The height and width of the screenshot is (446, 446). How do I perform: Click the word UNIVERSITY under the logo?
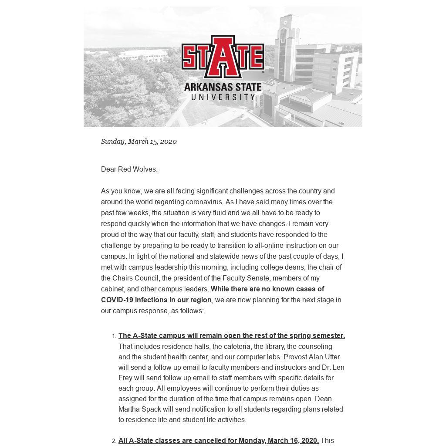(x=223, y=97)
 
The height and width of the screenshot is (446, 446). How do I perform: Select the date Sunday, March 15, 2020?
(x=139, y=141)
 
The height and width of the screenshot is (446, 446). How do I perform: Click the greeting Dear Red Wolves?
(x=129, y=169)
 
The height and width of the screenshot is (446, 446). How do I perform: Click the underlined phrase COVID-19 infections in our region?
(x=156, y=300)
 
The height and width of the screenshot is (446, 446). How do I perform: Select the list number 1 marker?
(x=114, y=336)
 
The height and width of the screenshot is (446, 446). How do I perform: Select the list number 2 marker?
(x=114, y=441)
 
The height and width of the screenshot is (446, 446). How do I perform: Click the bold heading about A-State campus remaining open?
(x=231, y=335)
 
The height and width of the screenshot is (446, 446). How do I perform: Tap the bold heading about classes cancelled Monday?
(x=218, y=440)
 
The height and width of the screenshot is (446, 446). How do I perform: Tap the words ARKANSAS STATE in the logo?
(x=223, y=87)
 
